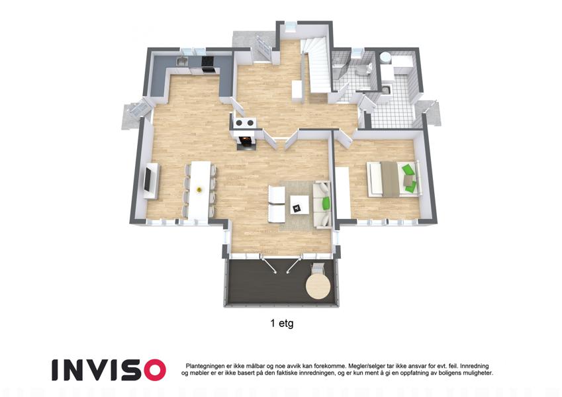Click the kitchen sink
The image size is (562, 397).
(182, 62)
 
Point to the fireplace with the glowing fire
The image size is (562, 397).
(245, 140)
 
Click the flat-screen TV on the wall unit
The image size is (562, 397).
(148, 180)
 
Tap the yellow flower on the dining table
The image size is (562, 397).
(199, 190)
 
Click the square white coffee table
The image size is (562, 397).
(300, 204)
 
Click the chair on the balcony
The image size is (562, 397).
(318, 269)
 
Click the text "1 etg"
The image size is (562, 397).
(282, 324)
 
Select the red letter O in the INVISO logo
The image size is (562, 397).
(153, 370)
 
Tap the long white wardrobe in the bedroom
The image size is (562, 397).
(343, 193)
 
